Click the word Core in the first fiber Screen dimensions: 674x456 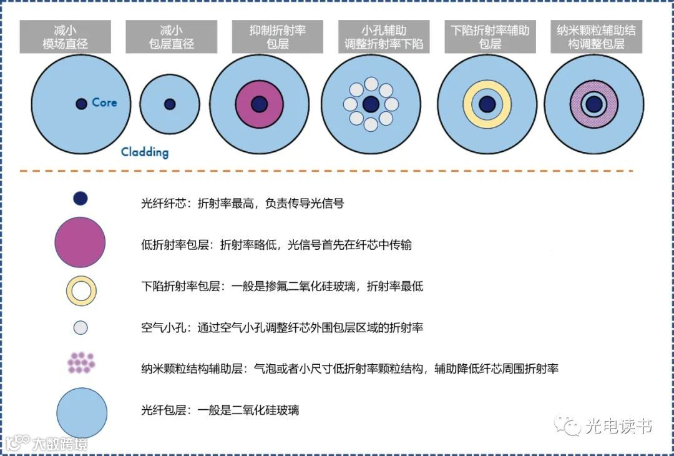click(x=104, y=102)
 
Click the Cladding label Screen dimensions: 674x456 click(x=144, y=152)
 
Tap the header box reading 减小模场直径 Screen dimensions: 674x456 click(x=66, y=37)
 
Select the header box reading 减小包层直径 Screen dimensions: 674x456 click(x=169, y=37)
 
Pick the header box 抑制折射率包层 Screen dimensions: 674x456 click(x=278, y=37)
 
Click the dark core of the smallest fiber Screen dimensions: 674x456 click(x=170, y=104)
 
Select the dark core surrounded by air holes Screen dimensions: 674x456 click(x=371, y=104)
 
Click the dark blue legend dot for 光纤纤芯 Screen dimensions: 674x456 click(x=81, y=199)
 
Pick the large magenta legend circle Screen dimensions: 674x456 click(x=80, y=242)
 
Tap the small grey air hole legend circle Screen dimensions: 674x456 click(x=81, y=327)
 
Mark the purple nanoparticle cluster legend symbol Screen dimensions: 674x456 click(x=81, y=363)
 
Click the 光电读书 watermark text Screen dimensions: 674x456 click(x=618, y=427)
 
